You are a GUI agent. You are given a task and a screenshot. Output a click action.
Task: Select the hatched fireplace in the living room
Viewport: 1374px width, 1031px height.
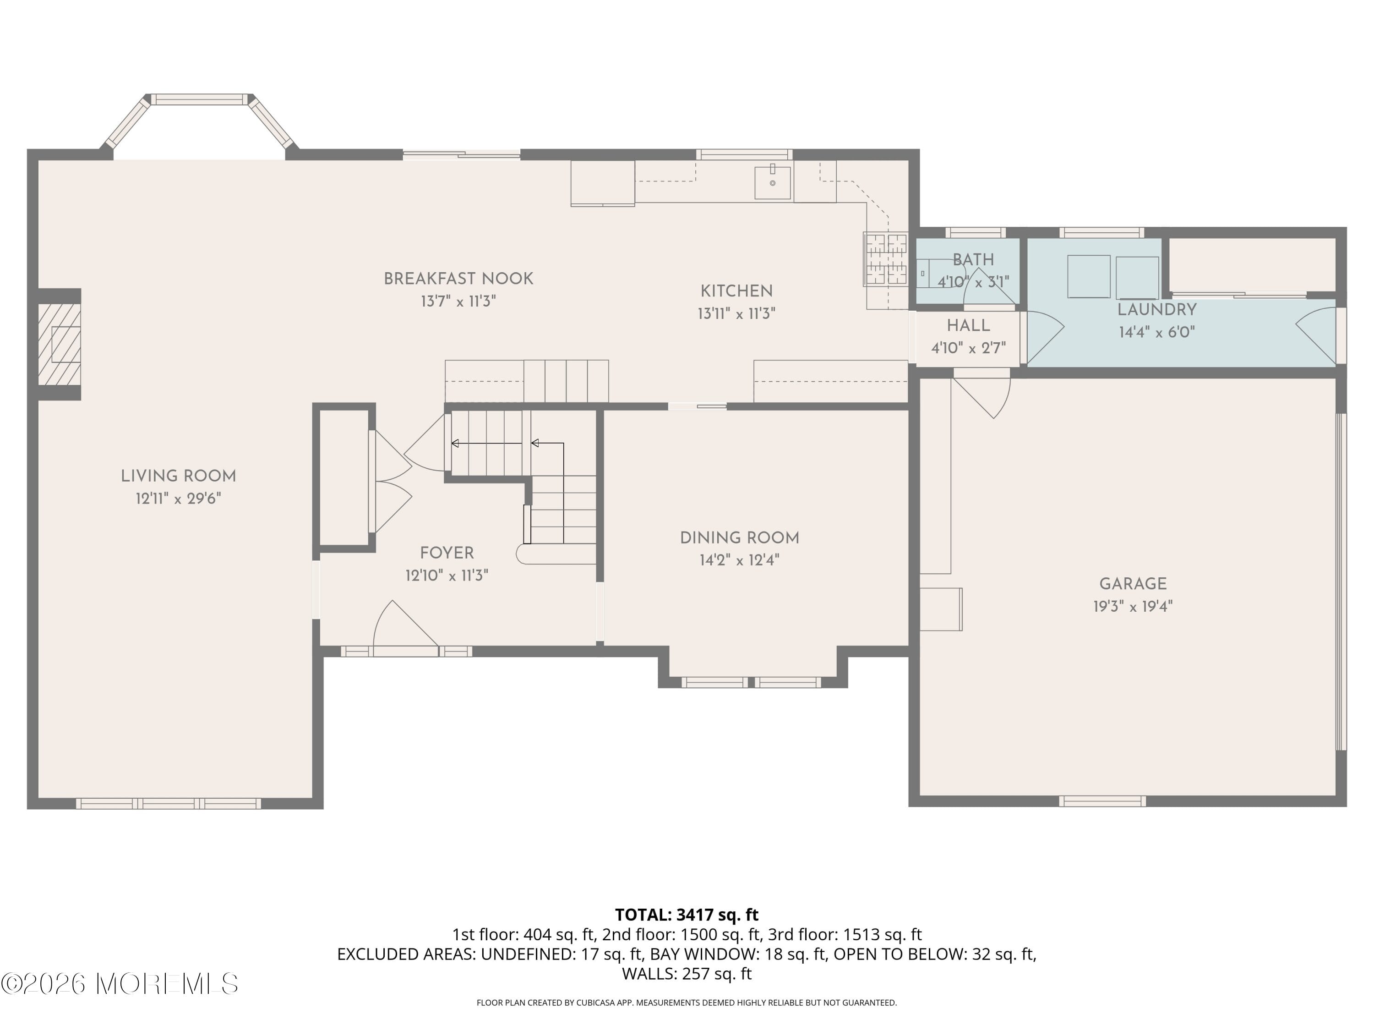60,344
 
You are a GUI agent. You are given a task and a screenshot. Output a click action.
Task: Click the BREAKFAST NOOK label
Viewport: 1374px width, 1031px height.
458,279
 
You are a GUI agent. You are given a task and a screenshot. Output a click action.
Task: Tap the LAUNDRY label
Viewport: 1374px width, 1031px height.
1156,309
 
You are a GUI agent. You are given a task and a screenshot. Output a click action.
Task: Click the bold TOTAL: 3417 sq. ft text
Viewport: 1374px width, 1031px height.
687,915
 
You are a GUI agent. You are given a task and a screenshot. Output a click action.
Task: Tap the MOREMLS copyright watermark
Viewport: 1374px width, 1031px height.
119,984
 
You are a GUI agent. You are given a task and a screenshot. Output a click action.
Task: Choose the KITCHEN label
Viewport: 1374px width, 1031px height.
736,291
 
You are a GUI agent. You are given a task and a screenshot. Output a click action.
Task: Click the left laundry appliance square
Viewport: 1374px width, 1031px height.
1088,276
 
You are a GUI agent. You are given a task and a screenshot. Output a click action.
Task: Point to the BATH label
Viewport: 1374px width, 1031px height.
973,260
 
